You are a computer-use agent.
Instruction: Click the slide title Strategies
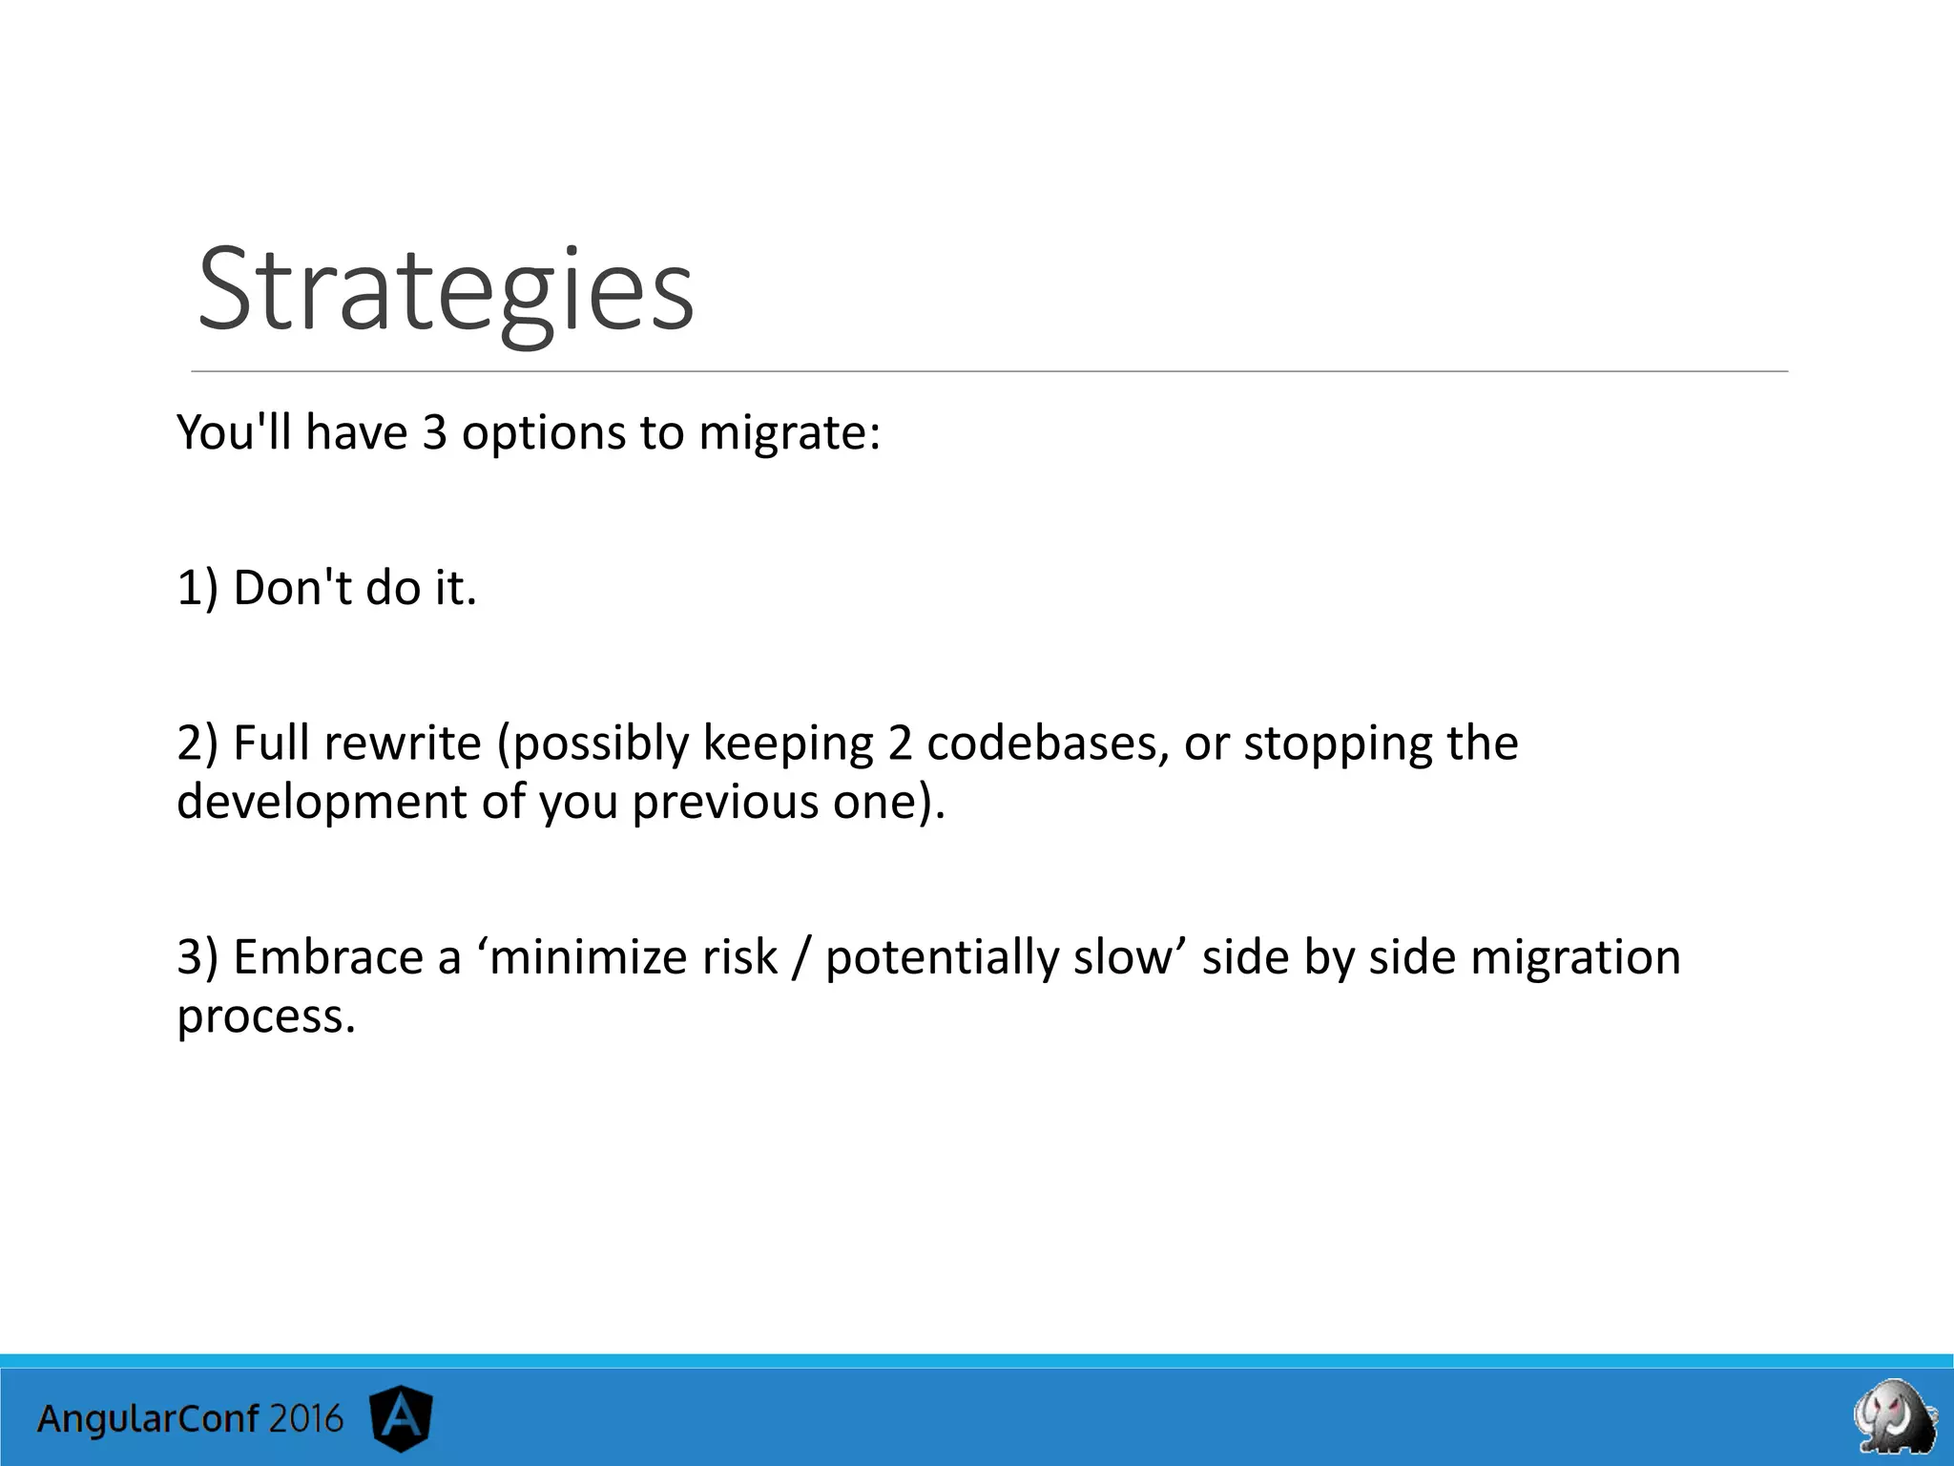click(446, 290)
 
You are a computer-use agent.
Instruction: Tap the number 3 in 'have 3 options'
click(434, 433)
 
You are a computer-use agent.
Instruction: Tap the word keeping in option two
click(787, 743)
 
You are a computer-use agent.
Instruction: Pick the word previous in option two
click(724, 802)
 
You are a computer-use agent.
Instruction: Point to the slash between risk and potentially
click(800, 957)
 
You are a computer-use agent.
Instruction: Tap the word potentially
click(941, 957)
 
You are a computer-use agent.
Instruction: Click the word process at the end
click(264, 1016)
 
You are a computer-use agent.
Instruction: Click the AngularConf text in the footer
click(148, 1419)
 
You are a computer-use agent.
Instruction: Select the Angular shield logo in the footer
click(401, 1418)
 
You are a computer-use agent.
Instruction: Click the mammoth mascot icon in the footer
click(1895, 1415)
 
